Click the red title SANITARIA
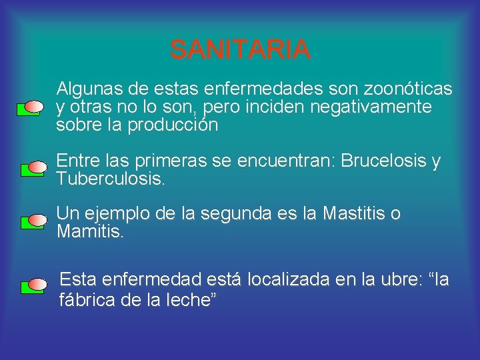(240, 49)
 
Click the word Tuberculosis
(110, 179)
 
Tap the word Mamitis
(90, 232)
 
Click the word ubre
(397, 280)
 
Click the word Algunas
(89, 89)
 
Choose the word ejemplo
(114, 214)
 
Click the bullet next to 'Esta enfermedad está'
(33, 285)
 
